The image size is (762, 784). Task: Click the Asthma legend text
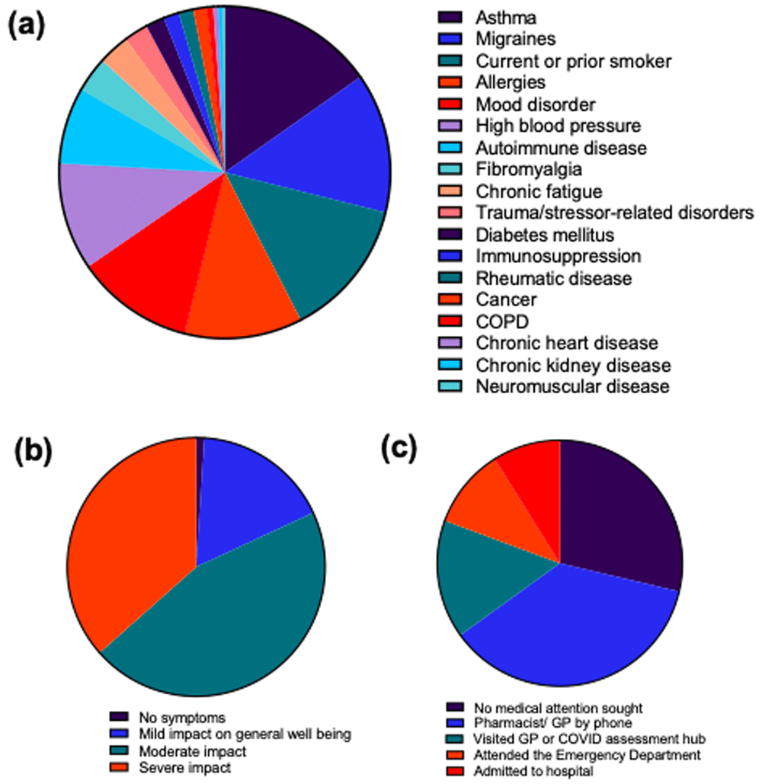pyautogui.click(x=504, y=17)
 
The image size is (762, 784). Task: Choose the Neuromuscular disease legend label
pyautogui.click(x=572, y=386)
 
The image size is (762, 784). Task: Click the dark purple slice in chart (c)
pyautogui.click(x=617, y=510)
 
